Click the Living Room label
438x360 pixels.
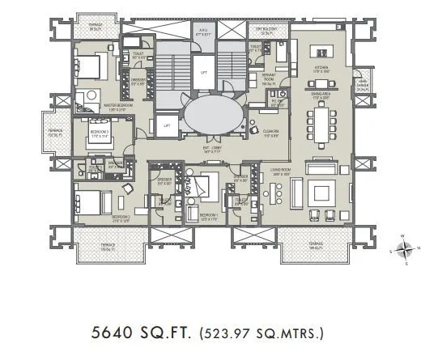(x=281, y=171)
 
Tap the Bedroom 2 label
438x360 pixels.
(x=121, y=217)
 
